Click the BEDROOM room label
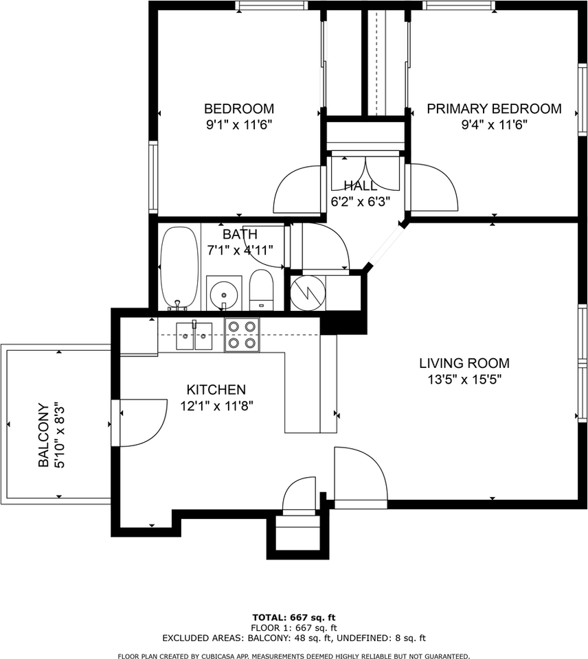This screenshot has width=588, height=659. click(x=239, y=109)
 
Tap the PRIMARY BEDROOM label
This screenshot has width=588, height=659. click(x=494, y=109)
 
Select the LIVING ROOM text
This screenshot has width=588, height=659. click(x=464, y=363)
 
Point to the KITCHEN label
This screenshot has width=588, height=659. click(x=216, y=390)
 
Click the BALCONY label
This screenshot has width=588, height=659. click(x=44, y=435)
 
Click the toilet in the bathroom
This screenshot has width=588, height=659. click(x=261, y=290)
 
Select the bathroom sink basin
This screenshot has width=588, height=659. click(x=225, y=293)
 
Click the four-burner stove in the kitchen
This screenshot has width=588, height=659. click(x=242, y=335)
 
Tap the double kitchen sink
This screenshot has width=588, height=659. click(x=194, y=336)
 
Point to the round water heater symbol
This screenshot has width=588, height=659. click(x=308, y=293)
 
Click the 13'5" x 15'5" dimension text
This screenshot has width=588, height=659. click(x=465, y=380)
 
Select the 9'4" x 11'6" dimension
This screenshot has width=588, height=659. click(x=494, y=125)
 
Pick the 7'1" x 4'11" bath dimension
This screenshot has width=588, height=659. click(x=240, y=251)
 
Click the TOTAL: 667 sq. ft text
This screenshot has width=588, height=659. click(x=294, y=617)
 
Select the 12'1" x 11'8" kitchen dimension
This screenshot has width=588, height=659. click(x=216, y=406)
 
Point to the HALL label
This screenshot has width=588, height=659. click(x=361, y=186)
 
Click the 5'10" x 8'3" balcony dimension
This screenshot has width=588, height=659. click(x=60, y=435)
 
